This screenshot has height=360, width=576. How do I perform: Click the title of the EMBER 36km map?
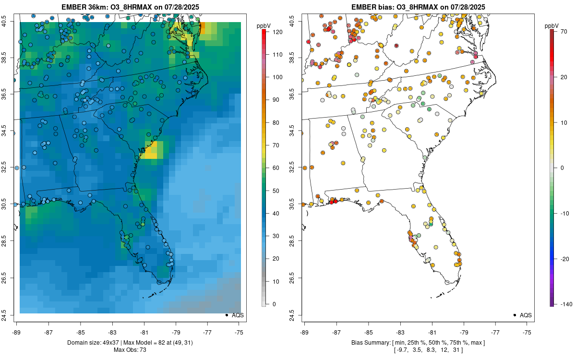click(x=130, y=7)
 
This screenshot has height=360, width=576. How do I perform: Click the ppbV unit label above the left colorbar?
click(x=263, y=25)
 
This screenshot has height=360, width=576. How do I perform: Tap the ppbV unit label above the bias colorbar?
click(x=552, y=25)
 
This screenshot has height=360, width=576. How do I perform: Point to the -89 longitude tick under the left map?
click(x=17, y=331)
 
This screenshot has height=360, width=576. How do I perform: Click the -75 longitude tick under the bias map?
click(x=528, y=331)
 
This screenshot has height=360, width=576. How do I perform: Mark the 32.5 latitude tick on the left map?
click(x=9, y=168)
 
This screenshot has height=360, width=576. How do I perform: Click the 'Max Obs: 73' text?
click(x=130, y=350)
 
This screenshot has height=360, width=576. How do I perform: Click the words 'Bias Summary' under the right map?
click(x=367, y=342)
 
